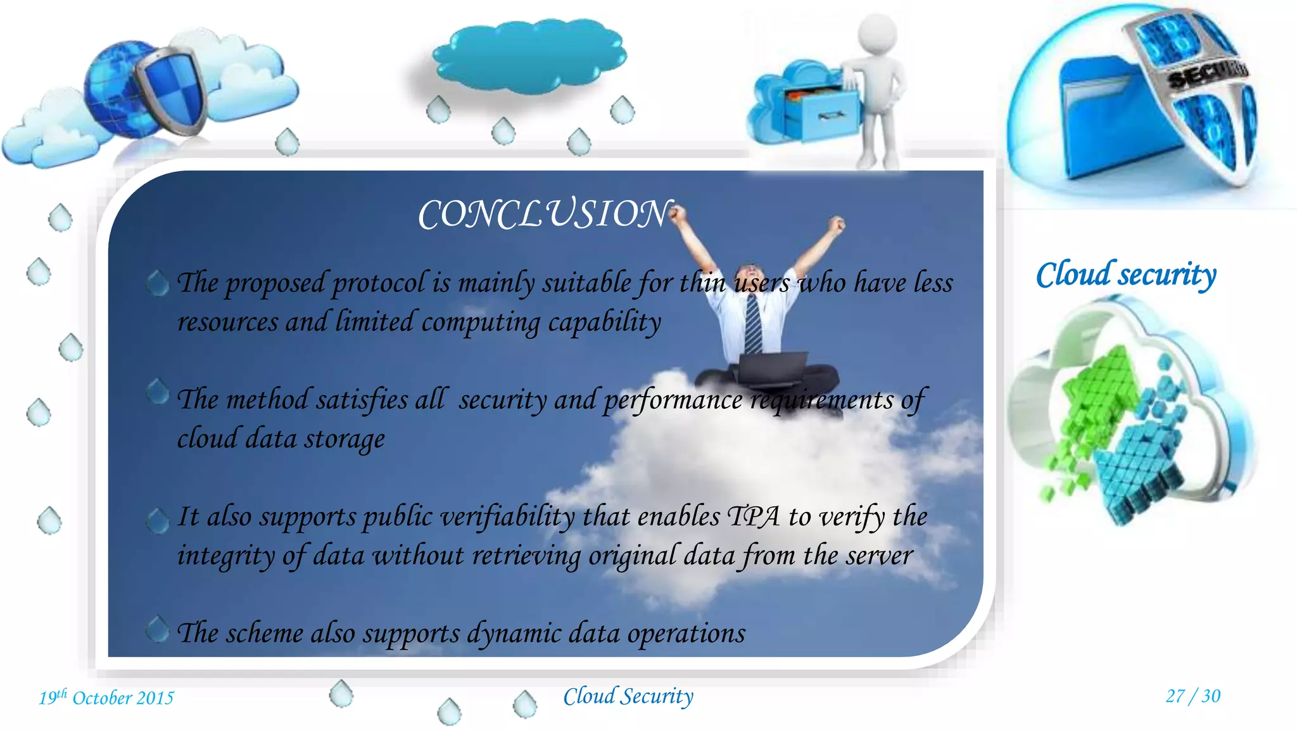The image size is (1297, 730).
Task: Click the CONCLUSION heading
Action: pyautogui.click(x=543, y=214)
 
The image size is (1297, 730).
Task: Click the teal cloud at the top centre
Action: pyautogui.click(x=529, y=56)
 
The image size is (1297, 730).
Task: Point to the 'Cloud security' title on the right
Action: pyautogui.click(x=1126, y=275)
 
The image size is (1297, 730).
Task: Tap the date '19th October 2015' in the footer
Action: pyautogui.click(x=106, y=698)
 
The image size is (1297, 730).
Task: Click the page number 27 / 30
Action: pyautogui.click(x=1193, y=696)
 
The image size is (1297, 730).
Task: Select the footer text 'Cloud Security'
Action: pyautogui.click(x=628, y=696)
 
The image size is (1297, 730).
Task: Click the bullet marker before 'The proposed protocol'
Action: pyautogui.click(x=158, y=283)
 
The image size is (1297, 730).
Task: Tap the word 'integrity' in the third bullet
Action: pyautogui.click(x=225, y=556)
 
